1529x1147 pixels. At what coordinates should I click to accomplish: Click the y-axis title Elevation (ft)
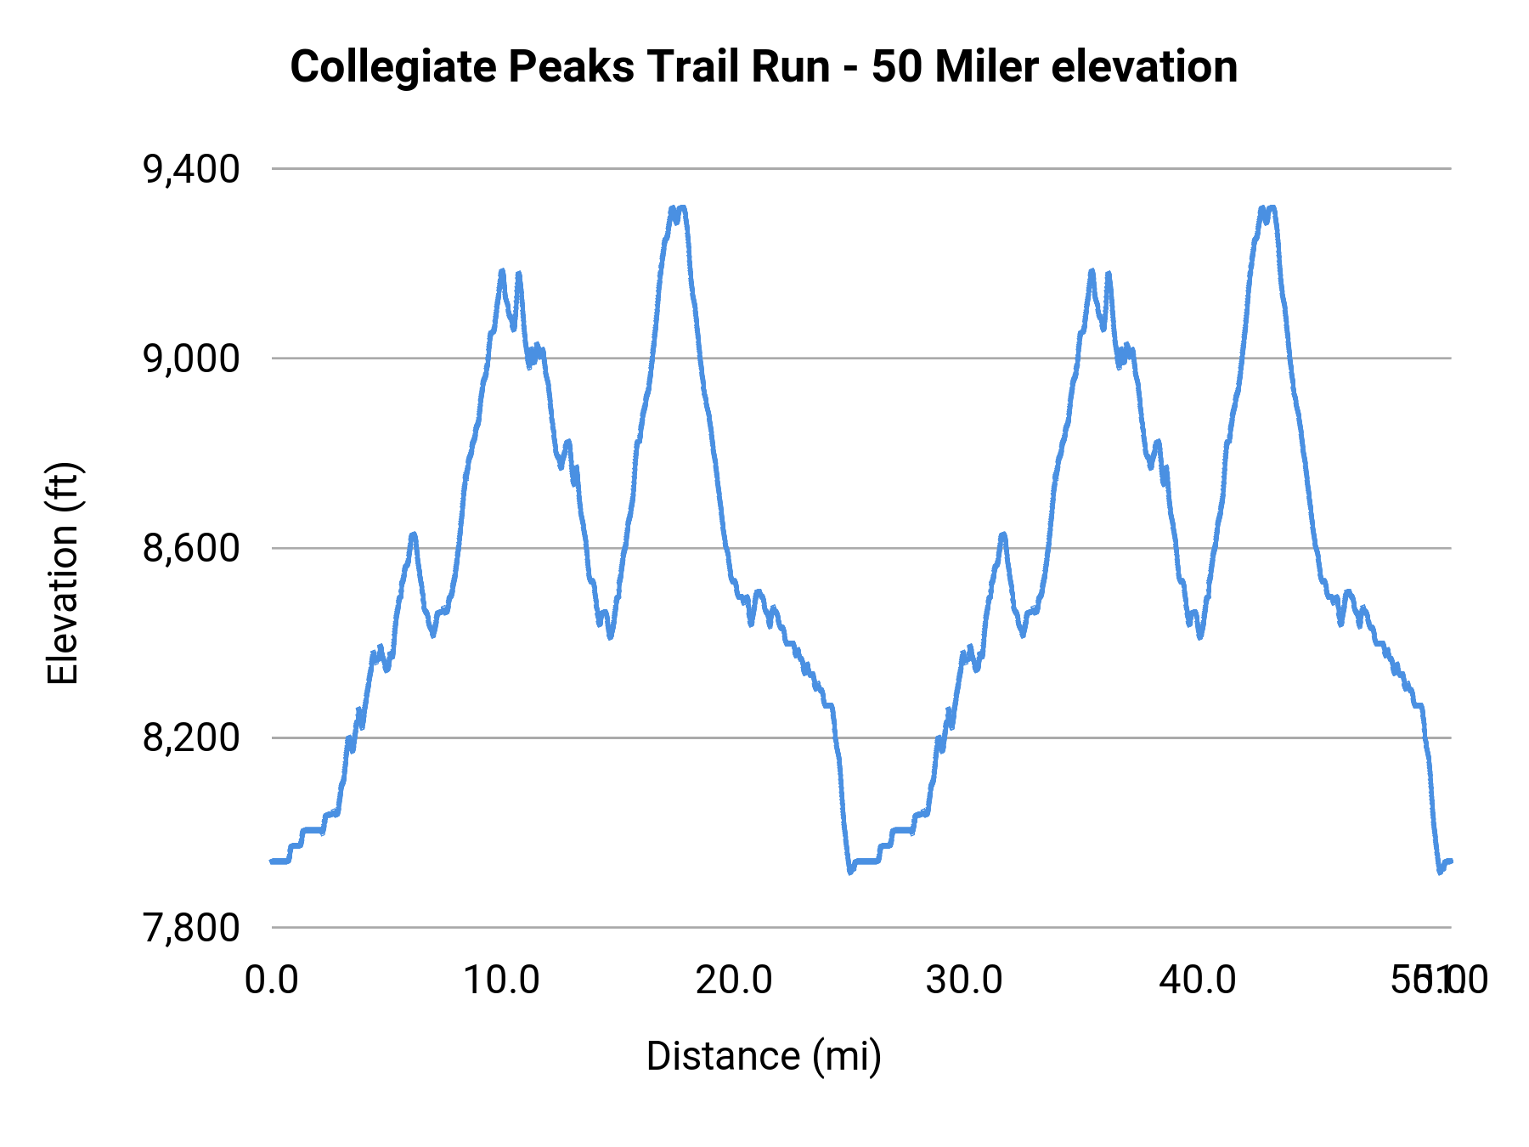[x=62, y=573]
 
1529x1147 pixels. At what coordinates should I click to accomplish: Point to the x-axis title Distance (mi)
[x=764, y=1056]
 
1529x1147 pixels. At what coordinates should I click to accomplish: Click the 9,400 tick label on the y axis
[x=191, y=169]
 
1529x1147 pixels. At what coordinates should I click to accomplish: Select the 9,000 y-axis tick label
[x=191, y=359]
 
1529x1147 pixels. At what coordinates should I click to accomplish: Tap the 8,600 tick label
[x=191, y=548]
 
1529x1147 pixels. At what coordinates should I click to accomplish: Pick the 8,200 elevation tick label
[x=191, y=737]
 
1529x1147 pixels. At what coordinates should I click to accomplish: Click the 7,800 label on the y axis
[x=191, y=927]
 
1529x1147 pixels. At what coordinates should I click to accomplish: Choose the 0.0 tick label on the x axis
[x=272, y=980]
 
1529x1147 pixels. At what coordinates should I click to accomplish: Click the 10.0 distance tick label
[x=502, y=980]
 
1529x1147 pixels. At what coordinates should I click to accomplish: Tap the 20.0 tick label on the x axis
[x=734, y=980]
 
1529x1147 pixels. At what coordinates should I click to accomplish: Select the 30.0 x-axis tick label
[x=965, y=980]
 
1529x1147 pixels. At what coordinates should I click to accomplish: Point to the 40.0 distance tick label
[x=1198, y=980]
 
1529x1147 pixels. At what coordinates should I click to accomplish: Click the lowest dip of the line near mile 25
[x=850, y=872]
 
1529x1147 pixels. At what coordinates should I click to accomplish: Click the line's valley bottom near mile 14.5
[x=610, y=636]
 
